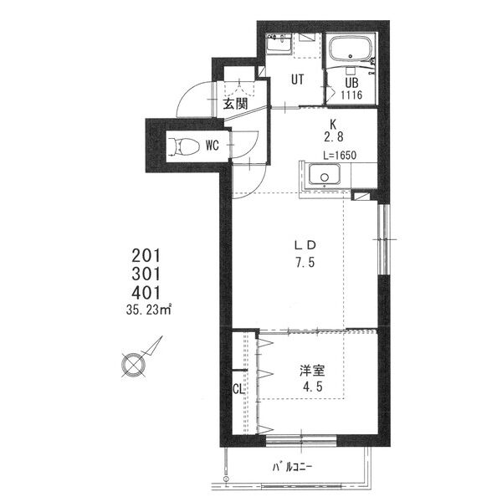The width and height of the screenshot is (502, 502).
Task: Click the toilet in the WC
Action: tap(180, 146)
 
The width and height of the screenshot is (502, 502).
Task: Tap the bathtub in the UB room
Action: tap(351, 49)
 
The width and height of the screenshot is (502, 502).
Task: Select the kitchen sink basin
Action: tap(324, 175)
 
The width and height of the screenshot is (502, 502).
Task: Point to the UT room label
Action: tap(297, 79)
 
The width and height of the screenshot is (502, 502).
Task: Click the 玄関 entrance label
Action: tap(236, 104)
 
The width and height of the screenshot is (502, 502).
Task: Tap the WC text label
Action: tap(213, 146)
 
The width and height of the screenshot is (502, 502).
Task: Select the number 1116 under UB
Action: tap(351, 95)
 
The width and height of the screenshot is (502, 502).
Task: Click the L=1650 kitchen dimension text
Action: tap(340, 156)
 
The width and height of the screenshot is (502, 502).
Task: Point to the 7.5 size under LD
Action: tap(305, 263)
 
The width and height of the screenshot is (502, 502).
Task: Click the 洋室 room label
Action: tap(312, 371)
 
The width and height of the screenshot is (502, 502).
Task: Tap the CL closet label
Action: tap(238, 389)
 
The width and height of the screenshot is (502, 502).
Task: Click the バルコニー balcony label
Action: tap(292, 467)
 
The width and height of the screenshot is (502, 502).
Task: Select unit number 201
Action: tap(146, 256)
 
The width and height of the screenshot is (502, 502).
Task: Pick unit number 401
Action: tap(146, 293)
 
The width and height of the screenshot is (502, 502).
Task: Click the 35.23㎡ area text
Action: tap(149, 310)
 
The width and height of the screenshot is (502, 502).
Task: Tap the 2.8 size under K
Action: tap(334, 137)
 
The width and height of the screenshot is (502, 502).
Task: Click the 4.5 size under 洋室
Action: tap(313, 387)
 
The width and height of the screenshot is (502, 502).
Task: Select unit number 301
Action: tap(146, 274)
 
